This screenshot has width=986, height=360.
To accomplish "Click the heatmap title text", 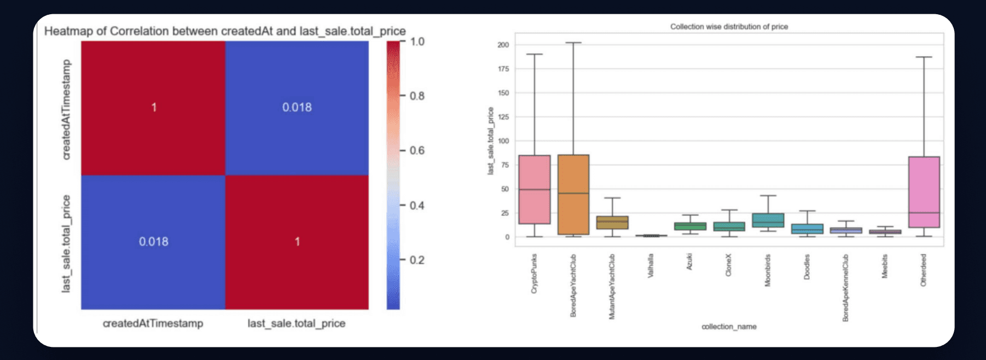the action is (225, 31).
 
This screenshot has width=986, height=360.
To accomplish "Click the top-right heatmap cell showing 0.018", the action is (297, 108).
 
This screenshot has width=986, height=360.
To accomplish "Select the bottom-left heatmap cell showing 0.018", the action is (153, 242).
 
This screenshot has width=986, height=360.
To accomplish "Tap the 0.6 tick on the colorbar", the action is (417, 150).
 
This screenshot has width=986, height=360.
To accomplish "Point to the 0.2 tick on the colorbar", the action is (417, 260).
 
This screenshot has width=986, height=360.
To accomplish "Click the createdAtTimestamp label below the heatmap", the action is (153, 323).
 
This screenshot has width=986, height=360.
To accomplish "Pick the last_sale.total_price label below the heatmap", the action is (297, 323).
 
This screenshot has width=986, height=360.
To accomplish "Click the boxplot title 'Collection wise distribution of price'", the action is (729, 26).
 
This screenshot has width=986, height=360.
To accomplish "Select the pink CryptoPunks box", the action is (535, 189).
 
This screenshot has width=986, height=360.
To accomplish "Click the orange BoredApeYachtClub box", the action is (573, 195).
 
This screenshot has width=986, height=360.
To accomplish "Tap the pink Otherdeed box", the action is (924, 192).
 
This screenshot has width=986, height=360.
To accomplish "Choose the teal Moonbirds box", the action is (768, 220).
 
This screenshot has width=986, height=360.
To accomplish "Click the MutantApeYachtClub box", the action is (612, 222).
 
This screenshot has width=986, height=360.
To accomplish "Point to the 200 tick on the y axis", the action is (503, 45).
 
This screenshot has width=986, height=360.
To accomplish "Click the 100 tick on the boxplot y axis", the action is (503, 141).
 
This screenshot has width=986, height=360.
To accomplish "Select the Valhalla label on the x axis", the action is (651, 265).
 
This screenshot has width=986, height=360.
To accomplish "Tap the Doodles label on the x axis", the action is (807, 266).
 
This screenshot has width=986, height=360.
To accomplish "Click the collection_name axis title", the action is (729, 327).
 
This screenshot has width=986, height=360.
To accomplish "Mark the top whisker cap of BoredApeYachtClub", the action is (573, 43).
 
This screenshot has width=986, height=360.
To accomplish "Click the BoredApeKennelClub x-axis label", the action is (846, 288).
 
